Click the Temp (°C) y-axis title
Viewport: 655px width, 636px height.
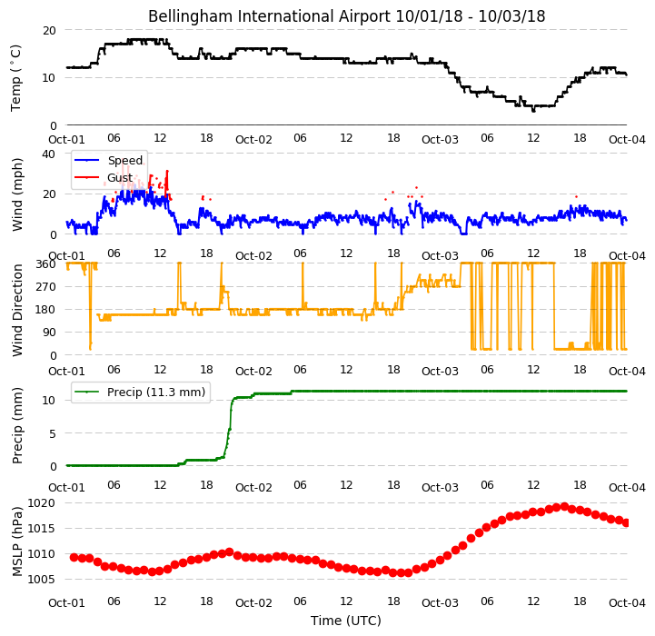coord(15,78)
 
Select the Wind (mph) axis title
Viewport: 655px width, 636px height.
coord(17,194)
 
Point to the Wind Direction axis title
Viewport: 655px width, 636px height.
coord(17,310)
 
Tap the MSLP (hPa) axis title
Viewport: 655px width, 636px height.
coord(17,542)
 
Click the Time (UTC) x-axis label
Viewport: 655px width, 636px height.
coord(346,621)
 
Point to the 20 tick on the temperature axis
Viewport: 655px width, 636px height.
coord(49,31)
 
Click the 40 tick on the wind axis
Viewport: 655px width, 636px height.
coord(48,154)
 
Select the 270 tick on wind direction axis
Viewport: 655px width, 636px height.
coord(46,287)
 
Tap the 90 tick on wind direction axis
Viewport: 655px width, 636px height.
coord(49,333)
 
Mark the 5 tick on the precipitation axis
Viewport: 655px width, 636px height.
coord(53,433)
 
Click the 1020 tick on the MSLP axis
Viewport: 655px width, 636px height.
coord(42,503)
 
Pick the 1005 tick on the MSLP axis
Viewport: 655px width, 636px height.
coord(42,579)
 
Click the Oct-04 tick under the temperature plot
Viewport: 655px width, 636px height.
coord(627,140)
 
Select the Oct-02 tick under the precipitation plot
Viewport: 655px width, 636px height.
coord(253,488)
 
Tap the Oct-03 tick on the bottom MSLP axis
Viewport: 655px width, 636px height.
coord(440,603)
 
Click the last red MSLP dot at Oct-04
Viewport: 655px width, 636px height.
coord(626,522)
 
